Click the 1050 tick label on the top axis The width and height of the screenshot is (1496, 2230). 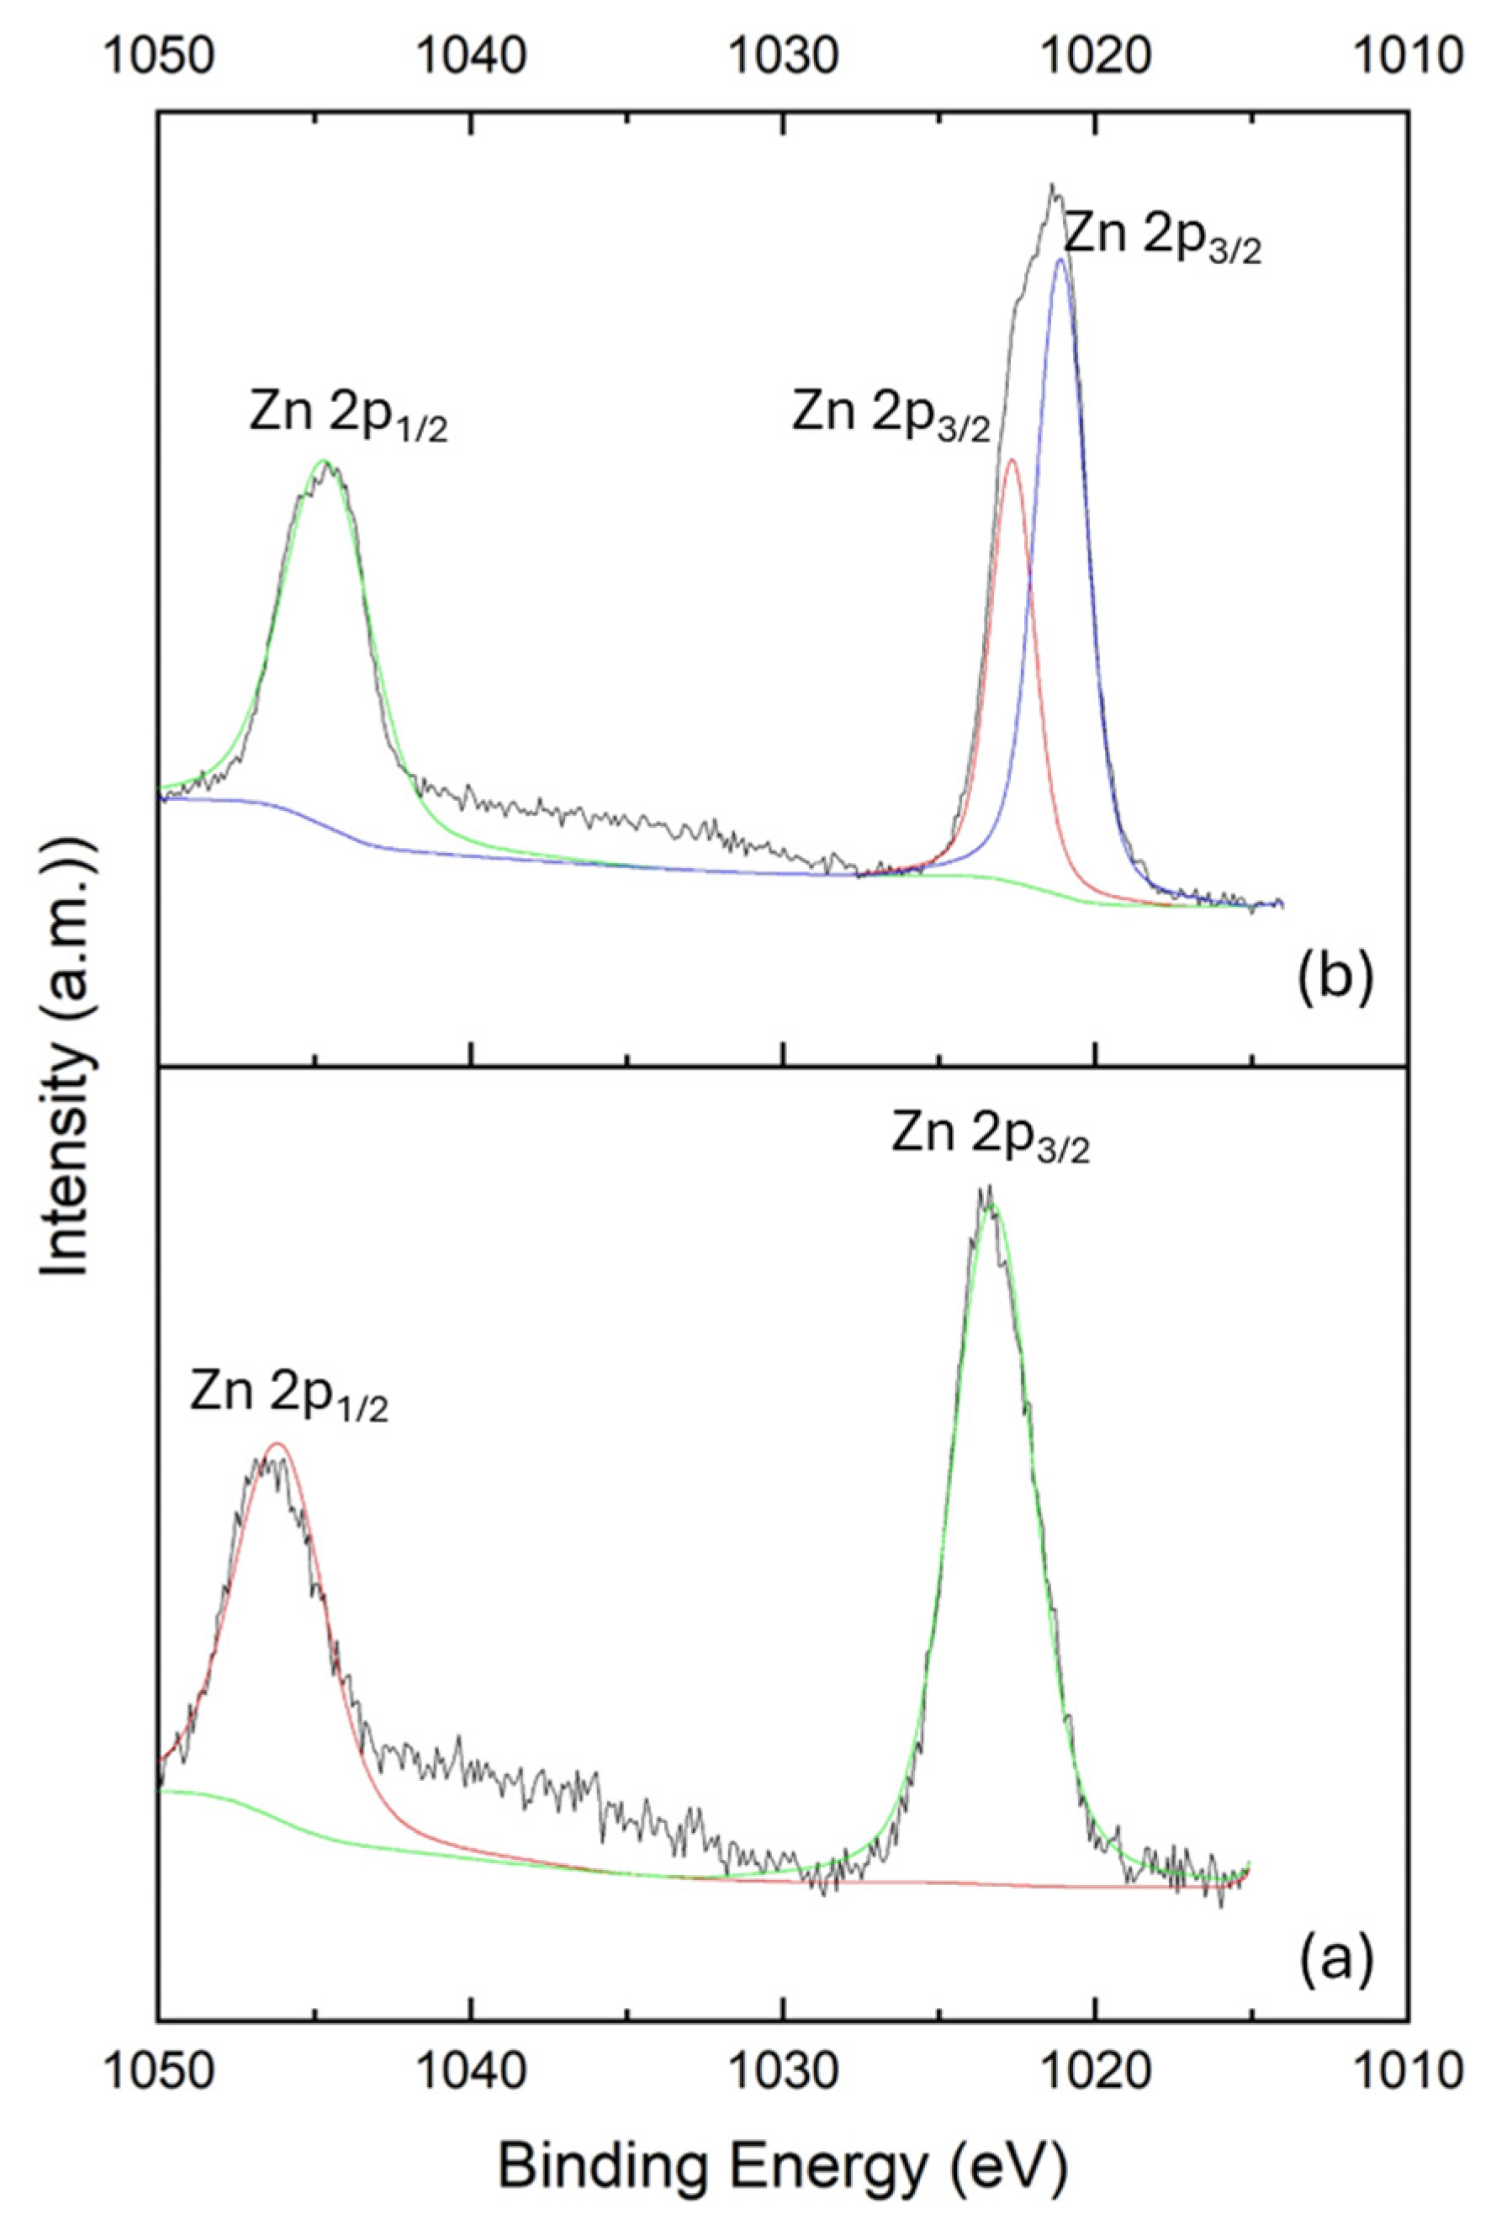(156, 56)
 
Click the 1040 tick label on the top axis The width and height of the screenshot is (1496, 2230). (470, 56)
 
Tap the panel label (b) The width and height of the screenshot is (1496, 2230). (1335, 980)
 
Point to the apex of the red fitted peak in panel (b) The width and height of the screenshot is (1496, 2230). (1012, 461)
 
